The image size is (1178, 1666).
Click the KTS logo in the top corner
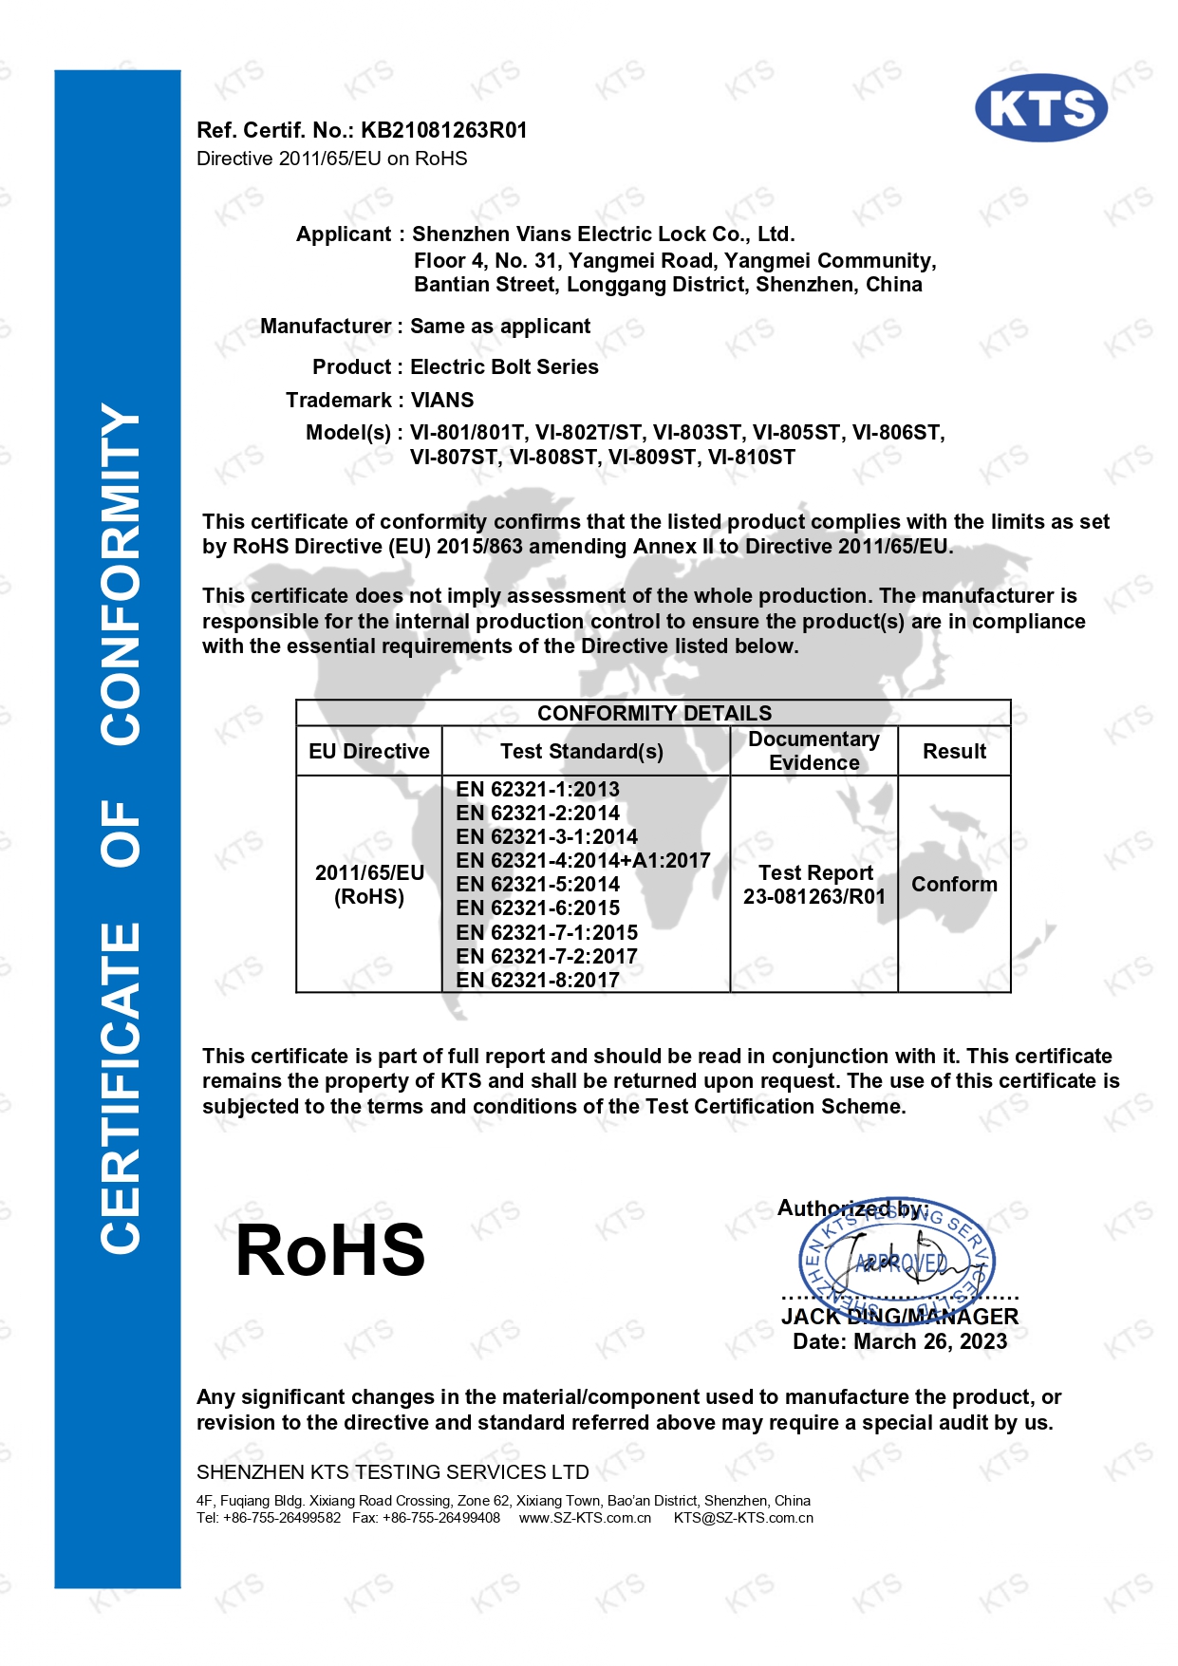point(1040,108)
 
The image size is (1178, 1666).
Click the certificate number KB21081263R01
point(443,130)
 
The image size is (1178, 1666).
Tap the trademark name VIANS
point(442,400)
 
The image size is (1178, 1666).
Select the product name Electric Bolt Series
point(504,367)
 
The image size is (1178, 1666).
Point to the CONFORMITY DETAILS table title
point(654,713)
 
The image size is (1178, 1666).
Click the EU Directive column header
point(368,751)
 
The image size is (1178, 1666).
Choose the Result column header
point(954,751)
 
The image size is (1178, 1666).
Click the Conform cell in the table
point(954,884)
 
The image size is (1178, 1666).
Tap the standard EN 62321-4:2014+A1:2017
point(583,860)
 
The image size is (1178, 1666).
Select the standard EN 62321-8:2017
point(537,980)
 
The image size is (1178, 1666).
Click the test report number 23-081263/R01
point(813,896)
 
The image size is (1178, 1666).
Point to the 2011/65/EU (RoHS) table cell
point(368,884)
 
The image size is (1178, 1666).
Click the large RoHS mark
point(330,1250)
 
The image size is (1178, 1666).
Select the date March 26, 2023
point(929,1341)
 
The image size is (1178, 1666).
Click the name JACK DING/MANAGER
point(899,1317)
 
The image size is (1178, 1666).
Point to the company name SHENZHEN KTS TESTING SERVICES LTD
point(392,1471)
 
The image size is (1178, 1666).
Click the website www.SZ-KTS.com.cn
point(585,1518)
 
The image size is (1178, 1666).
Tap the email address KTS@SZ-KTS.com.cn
point(743,1518)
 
